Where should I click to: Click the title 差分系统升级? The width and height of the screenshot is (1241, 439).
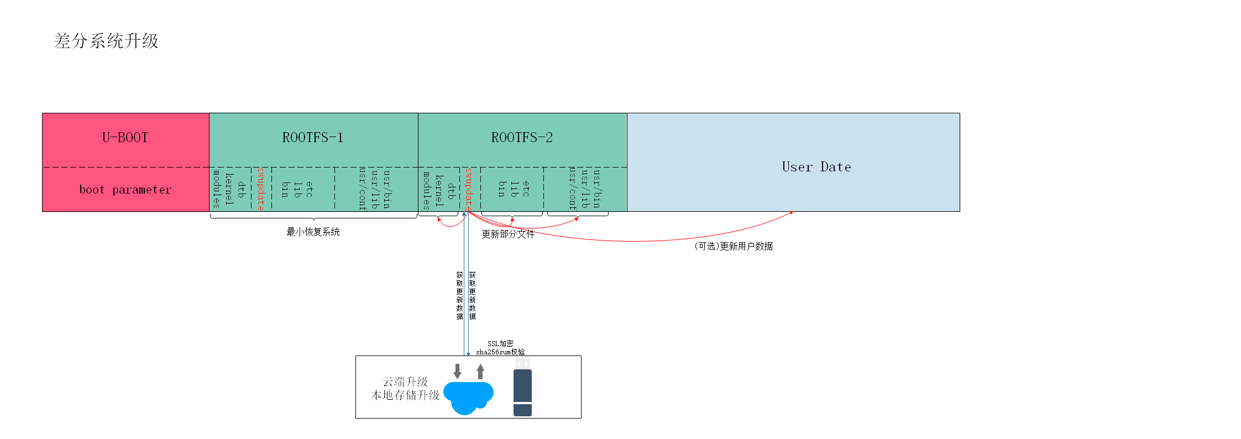[x=106, y=41]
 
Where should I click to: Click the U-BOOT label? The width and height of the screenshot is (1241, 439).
[x=125, y=138]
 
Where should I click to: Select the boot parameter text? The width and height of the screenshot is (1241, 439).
[x=125, y=190]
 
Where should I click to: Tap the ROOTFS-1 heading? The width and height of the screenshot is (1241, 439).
[x=313, y=138]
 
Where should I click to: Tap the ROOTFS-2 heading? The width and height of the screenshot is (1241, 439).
[x=522, y=138]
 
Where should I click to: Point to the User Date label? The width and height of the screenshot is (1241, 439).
[x=816, y=167]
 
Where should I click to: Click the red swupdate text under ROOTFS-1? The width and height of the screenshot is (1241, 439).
[x=261, y=189]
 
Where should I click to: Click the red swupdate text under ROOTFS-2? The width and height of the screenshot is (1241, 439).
[x=469, y=189]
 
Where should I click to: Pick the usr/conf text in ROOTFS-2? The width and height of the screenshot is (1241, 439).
[x=573, y=189]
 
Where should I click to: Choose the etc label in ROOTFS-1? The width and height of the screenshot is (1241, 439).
[x=310, y=189]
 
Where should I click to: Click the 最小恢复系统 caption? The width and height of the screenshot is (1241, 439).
[x=313, y=232]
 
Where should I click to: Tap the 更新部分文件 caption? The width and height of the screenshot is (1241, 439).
[x=507, y=234]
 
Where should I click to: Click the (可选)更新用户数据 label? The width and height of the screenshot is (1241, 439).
[x=733, y=247]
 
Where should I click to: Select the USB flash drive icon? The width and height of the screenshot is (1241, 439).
[x=522, y=387]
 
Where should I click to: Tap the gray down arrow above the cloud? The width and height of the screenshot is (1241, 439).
[x=457, y=372]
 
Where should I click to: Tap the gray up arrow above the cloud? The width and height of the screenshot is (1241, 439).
[x=480, y=372]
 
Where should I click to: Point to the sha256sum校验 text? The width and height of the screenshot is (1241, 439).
[x=500, y=352]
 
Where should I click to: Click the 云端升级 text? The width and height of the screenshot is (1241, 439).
[x=405, y=382]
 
